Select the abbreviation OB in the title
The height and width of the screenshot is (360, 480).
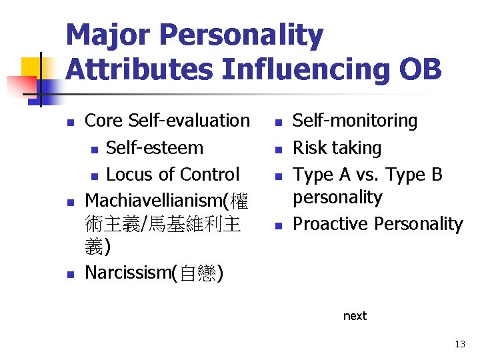tap(420, 69)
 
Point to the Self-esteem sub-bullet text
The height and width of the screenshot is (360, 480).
tap(155, 147)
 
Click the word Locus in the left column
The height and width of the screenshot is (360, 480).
tap(128, 175)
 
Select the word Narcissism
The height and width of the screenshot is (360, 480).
tap(127, 273)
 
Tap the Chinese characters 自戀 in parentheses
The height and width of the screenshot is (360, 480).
tap(197, 273)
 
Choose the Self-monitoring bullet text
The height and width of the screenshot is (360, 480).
tap(355, 121)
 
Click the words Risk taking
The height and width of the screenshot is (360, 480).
tap(337, 147)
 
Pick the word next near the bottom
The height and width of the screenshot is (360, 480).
tap(355, 316)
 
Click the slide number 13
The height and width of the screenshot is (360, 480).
tap(460, 345)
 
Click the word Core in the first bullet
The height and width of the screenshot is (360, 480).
tap(105, 121)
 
